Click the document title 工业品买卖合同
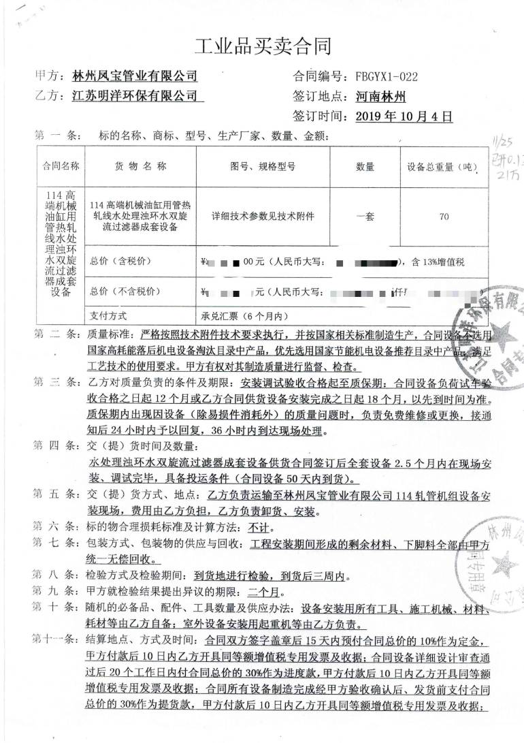tap(262, 46)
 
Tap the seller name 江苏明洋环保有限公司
tap(134, 96)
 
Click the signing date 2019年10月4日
tap(404, 116)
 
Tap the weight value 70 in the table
tap(444, 217)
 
